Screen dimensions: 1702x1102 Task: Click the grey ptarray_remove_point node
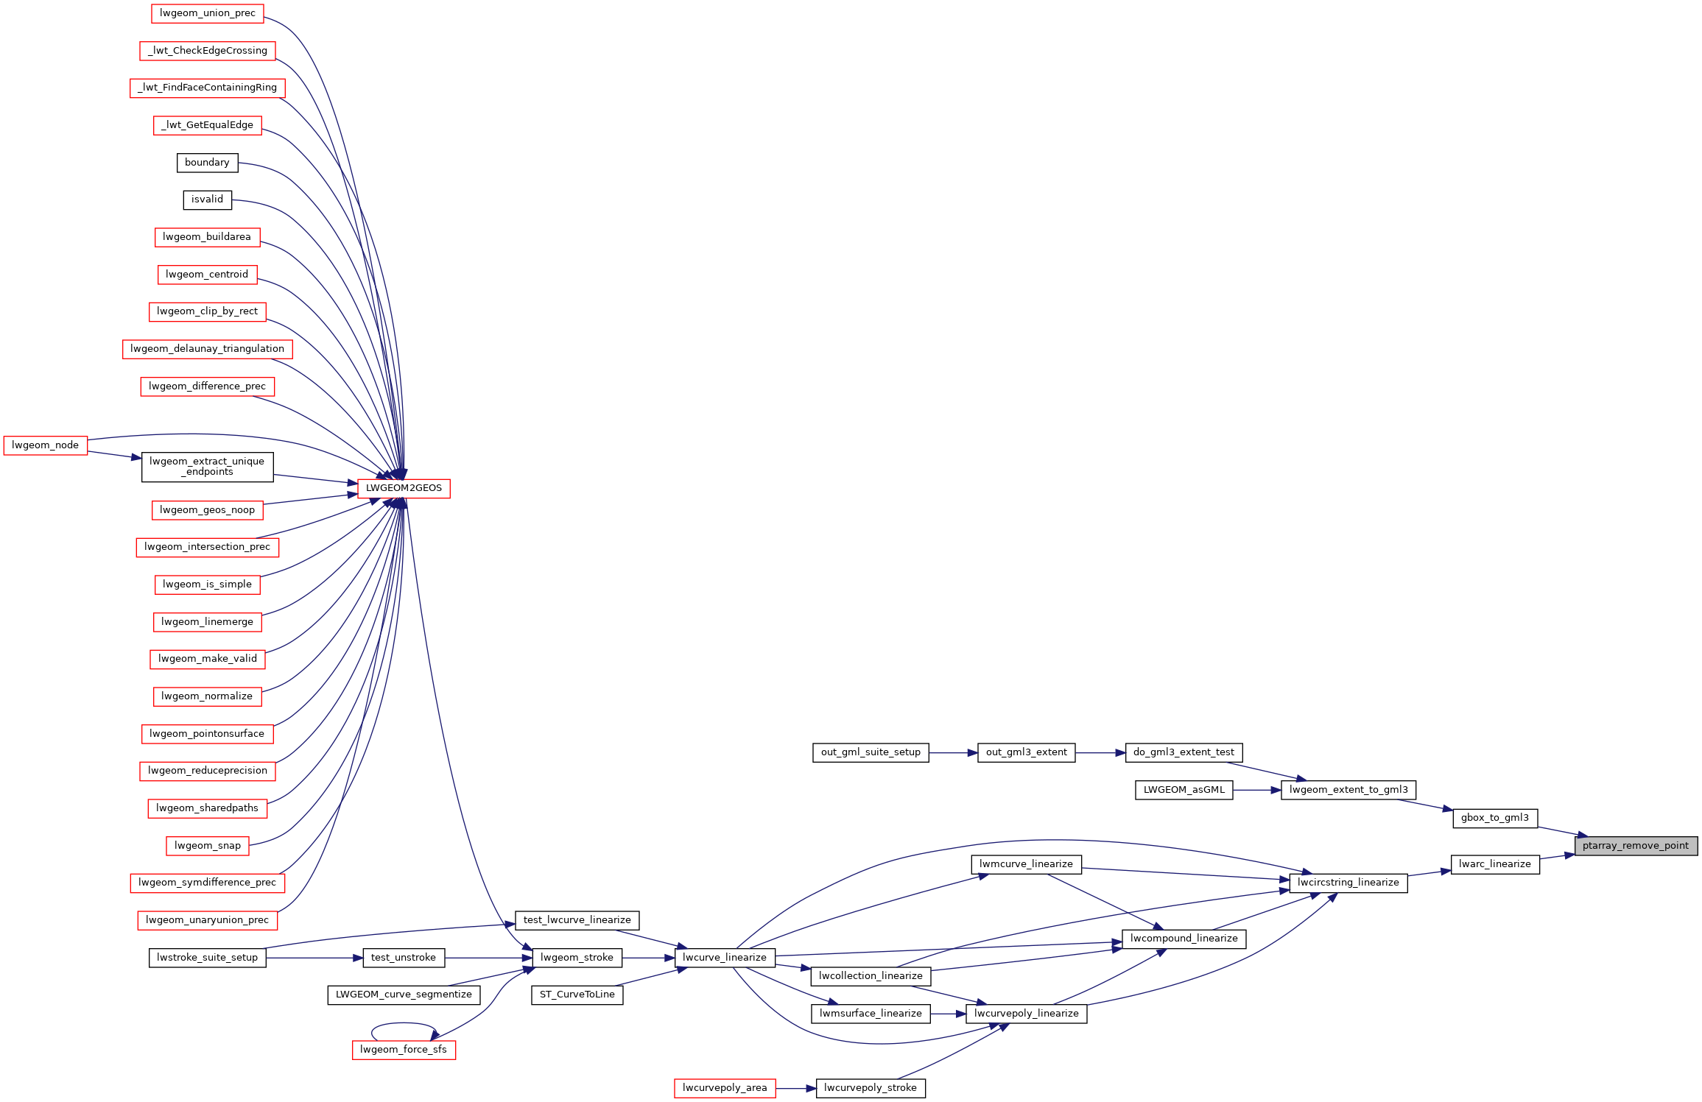(1636, 846)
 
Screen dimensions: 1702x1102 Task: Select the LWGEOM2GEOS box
(404, 488)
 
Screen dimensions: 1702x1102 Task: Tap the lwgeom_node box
(46, 445)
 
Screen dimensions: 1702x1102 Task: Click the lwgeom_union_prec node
(208, 13)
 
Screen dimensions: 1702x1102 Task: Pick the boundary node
(207, 163)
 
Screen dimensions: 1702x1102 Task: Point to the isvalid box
(207, 199)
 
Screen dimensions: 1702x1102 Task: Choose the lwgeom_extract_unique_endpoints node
(207, 467)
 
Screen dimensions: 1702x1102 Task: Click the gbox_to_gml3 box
(1495, 818)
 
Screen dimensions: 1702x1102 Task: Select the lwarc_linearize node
(1495, 864)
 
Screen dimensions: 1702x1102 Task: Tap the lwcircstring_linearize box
(1348, 883)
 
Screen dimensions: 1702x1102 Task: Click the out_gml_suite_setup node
(871, 752)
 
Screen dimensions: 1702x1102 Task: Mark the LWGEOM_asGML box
(1184, 790)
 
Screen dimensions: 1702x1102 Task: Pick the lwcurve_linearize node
(725, 958)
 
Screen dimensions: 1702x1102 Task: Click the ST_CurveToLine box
(577, 995)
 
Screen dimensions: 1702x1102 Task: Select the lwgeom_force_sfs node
(404, 1050)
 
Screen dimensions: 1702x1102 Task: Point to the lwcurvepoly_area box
(725, 1088)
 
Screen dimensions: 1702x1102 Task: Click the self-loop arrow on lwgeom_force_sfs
(404, 1023)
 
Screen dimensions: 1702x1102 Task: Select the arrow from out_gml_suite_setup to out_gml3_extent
(953, 753)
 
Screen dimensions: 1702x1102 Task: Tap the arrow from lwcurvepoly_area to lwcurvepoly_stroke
(795, 1088)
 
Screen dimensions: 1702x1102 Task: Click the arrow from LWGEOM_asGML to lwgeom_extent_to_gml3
(1257, 790)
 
